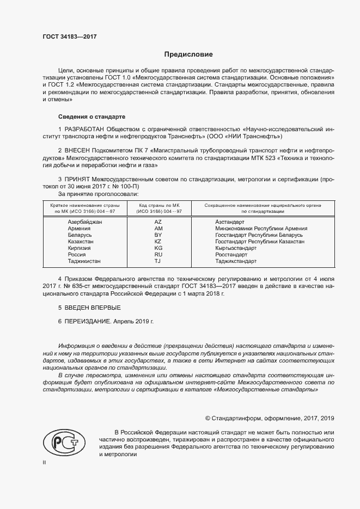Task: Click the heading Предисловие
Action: pos(189,54)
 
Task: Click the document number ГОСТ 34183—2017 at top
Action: pos(70,37)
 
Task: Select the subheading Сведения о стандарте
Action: pos(91,117)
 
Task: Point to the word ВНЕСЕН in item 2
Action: pos(77,150)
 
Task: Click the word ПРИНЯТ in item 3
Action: pos(77,179)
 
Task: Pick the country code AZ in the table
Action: pos(158,222)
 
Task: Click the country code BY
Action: pos(158,235)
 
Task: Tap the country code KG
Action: pos(158,248)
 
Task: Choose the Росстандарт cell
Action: pos(231,254)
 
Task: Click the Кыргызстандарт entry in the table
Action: pos(235,248)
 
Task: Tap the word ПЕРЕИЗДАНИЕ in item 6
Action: pos(87,322)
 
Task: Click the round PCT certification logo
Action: pos(60,442)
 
